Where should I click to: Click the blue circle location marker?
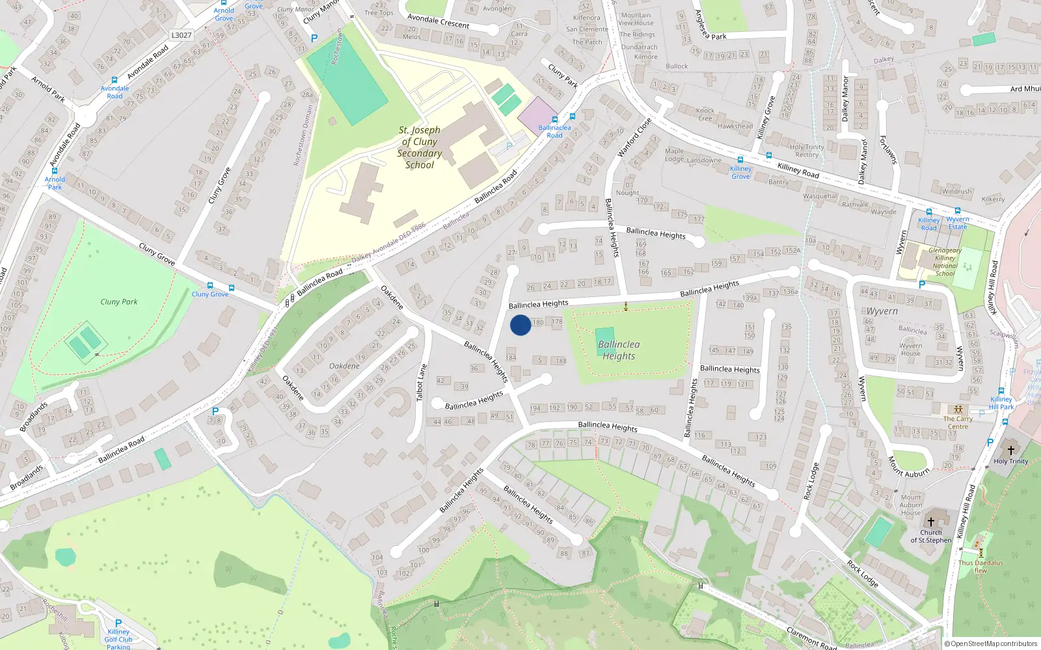click(520, 325)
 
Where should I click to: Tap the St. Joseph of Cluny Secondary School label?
click(420, 148)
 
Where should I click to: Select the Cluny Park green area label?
click(119, 302)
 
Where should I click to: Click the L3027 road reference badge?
click(182, 35)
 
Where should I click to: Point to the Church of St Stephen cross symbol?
click(931, 522)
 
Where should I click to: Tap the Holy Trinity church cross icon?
click(1010, 450)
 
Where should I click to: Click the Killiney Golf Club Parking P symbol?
click(118, 623)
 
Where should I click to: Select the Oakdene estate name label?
click(344, 366)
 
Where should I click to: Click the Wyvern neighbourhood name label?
click(882, 311)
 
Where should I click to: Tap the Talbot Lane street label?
click(422, 382)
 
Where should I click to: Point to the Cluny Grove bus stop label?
click(210, 294)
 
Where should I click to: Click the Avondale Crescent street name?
click(438, 21)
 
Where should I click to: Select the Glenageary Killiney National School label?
click(945, 262)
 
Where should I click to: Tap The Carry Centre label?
click(958, 422)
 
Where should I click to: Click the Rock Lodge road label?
click(863, 574)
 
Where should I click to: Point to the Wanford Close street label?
click(634, 137)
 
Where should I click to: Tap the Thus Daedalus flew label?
click(980, 567)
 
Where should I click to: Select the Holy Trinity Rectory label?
click(807, 151)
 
